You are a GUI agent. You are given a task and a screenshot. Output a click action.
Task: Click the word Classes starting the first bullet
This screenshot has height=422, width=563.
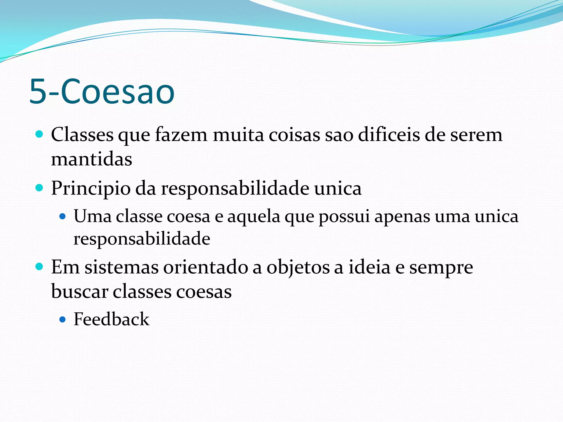click(x=82, y=135)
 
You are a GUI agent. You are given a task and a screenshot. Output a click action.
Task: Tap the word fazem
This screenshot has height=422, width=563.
click(x=181, y=135)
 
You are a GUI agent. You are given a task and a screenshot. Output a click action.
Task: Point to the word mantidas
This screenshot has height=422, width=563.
click(x=92, y=159)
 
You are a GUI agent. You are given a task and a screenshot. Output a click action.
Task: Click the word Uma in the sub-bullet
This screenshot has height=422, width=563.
click(x=92, y=216)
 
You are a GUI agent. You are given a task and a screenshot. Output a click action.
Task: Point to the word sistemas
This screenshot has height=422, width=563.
click(x=121, y=267)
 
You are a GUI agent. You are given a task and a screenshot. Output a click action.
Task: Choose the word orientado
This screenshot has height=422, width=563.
click(x=206, y=267)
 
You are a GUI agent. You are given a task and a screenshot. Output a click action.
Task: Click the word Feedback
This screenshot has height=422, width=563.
click(x=111, y=319)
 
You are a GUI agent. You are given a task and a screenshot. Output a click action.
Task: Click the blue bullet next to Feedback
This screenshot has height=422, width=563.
click(x=63, y=320)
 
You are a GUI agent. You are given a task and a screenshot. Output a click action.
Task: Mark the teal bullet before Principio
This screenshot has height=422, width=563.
click(x=40, y=188)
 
